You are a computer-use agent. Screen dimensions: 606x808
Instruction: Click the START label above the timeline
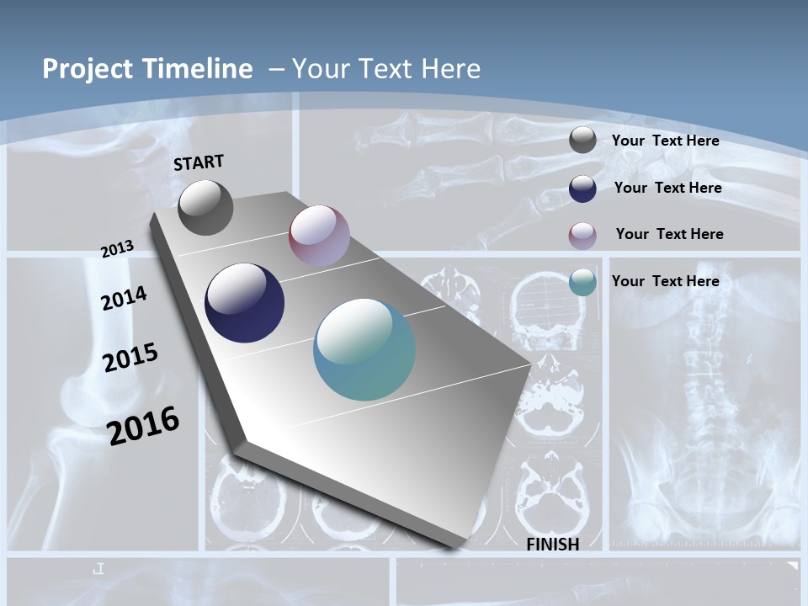pos(199,162)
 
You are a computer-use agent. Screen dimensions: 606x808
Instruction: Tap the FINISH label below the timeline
pos(553,545)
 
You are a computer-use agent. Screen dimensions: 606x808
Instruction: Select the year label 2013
pos(117,249)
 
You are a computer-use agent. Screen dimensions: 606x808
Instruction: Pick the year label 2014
pos(124,299)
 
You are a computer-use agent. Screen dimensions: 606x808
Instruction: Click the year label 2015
pos(130,358)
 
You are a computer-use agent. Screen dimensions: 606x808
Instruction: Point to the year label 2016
pos(143,425)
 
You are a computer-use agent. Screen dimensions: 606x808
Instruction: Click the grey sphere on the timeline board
pos(205,207)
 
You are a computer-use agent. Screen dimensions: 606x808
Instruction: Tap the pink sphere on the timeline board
pos(319,236)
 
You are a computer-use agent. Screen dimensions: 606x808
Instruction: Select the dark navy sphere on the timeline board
pos(245,303)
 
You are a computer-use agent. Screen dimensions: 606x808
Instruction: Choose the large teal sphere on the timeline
pos(364,349)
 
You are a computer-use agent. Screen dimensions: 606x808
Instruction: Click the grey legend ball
pos(582,141)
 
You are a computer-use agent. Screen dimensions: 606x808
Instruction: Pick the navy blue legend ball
pos(582,189)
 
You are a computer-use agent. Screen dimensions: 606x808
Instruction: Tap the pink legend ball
pos(582,236)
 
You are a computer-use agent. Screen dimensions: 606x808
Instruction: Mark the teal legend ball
pos(582,282)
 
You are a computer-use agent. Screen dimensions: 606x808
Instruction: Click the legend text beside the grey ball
pos(665,141)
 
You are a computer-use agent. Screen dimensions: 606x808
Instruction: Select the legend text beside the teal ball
pos(665,281)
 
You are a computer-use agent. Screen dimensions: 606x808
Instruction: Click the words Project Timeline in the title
pos(147,69)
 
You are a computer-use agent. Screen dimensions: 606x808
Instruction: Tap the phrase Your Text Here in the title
pos(386,69)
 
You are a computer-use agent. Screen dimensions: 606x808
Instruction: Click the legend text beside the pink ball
pos(669,234)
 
